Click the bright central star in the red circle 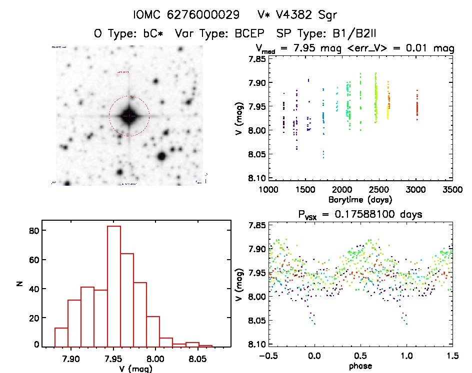(129, 116)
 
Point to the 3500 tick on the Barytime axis (452, 190)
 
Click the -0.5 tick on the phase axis (268, 356)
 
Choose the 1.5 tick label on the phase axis (452, 356)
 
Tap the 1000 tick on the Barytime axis (268, 190)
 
